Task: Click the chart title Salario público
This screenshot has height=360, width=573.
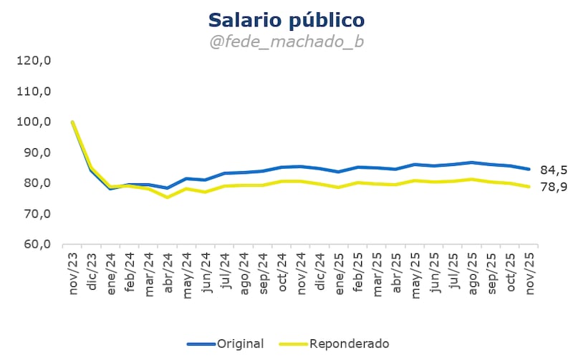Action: [x=286, y=19]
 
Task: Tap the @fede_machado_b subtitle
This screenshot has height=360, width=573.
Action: [x=286, y=42]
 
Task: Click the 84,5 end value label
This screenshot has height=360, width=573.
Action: [x=552, y=170]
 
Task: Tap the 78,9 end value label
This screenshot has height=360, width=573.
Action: [x=552, y=187]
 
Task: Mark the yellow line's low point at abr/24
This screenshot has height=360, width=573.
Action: [x=166, y=197]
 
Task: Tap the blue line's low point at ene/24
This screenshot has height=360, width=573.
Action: [x=110, y=189]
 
